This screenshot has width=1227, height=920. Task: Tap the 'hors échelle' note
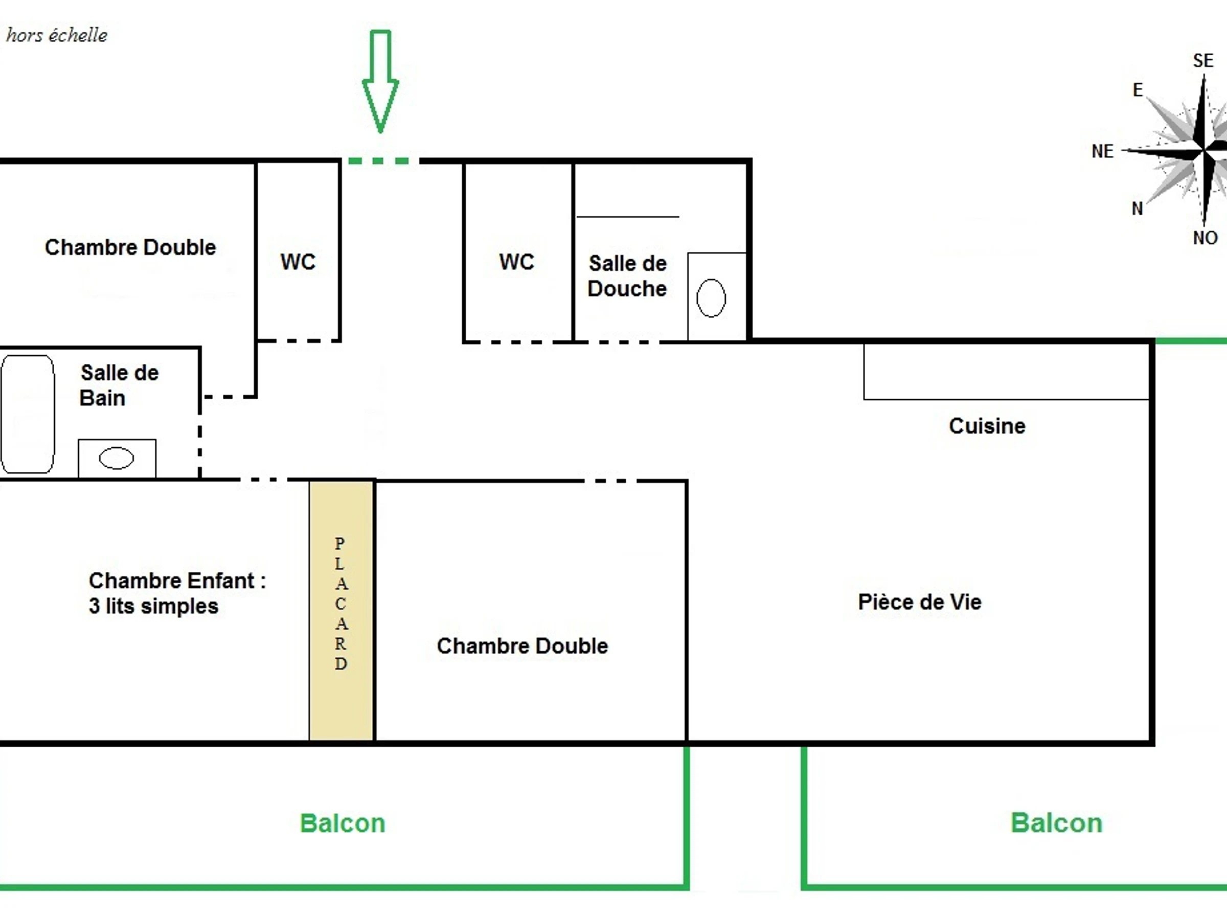tap(57, 35)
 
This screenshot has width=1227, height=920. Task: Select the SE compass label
tap(1203, 60)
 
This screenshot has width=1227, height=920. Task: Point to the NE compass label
tap(1102, 151)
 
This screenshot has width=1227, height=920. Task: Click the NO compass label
tap(1205, 238)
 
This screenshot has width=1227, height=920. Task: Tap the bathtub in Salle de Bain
tap(28, 413)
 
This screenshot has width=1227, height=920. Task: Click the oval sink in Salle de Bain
tap(117, 458)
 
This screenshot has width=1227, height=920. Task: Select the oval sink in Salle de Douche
tap(711, 298)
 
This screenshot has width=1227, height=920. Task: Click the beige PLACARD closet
tap(341, 610)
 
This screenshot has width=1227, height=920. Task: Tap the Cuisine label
tap(987, 426)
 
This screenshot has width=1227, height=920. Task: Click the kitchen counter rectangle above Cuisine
tap(1005, 371)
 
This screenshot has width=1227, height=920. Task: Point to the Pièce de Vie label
tap(920, 602)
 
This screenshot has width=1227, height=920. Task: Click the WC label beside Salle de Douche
tap(516, 262)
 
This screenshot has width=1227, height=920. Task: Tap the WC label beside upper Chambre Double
tap(298, 262)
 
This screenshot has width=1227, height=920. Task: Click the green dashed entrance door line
tap(380, 161)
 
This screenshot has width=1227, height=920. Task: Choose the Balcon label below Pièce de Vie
tap(1056, 823)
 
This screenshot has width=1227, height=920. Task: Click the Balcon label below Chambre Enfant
tap(342, 823)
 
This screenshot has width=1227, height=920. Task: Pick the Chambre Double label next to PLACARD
tap(522, 646)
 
